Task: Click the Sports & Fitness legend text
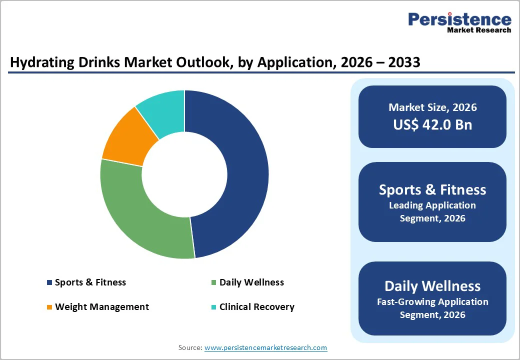[90, 282]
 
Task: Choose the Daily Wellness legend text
[251, 282]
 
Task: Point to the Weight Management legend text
[102, 307]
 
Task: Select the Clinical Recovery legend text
[257, 307]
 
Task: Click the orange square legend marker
[49, 307]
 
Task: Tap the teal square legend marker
[214, 307]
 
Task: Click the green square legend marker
[214, 282]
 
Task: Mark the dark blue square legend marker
[49, 282]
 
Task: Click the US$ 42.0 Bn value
[432, 124]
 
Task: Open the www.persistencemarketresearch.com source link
[265, 347]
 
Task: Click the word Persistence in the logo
[459, 19]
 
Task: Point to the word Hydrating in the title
[39, 62]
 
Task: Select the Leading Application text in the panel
[432, 205]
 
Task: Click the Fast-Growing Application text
[432, 302]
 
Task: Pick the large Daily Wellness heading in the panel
[432, 286]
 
